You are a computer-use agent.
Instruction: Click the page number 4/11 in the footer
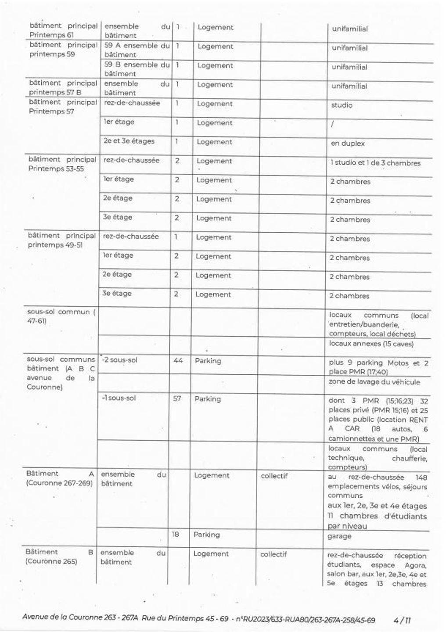click(x=402, y=620)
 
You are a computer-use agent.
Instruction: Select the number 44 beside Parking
click(x=178, y=361)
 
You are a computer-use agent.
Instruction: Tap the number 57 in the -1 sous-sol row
click(x=177, y=399)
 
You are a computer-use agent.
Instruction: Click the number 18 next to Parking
click(x=175, y=535)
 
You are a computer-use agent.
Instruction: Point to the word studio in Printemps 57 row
click(x=342, y=105)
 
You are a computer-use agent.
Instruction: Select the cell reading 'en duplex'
click(x=347, y=144)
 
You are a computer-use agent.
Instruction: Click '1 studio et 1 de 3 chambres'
click(x=375, y=163)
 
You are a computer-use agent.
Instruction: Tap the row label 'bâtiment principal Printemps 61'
click(x=63, y=30)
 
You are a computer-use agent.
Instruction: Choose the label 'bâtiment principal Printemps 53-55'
click(x=62, y=164)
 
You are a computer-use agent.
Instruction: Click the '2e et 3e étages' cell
click(x=129, y=141)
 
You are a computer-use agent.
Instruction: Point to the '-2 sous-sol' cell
click(x=119, y=360)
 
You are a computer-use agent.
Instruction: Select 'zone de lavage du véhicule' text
click(x=374, y=382)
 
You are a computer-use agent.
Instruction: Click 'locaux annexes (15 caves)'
click(x=371, y=344)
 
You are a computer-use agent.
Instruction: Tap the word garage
click(x=339, y=536)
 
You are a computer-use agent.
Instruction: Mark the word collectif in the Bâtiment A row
click(x=274, y=476)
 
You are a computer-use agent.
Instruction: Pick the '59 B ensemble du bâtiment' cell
click(x=137, y=69)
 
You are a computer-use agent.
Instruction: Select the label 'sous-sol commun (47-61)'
click(x=61, y=316)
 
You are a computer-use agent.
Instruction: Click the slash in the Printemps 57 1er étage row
click(x=332, y=125)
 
